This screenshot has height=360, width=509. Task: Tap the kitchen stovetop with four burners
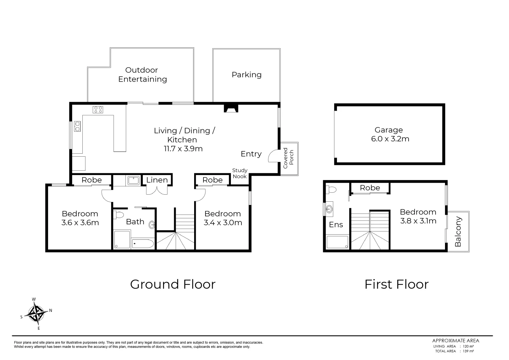click(98, 109)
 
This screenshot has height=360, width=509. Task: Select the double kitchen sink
click(77, 126)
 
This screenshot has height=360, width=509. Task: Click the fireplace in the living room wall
click(231, 109)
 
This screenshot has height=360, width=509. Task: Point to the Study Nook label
click(240, 173)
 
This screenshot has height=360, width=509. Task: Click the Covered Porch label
click(289, 158)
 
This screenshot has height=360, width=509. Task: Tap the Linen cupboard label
click(157, 180)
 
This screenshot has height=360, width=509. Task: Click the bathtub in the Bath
click(143, 244)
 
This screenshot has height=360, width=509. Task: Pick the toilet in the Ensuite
click(331, 190)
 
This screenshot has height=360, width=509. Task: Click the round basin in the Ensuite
click(329, 209)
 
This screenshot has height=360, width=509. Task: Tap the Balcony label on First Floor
click(458, 231)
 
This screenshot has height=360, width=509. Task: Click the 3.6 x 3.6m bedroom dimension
click(80, 222)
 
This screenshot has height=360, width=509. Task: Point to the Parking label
click(246, 75)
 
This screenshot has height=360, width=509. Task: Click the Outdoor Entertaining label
click(142, 75)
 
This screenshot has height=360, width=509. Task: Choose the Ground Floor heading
click(172, 284)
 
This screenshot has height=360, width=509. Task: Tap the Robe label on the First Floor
click(370, 188)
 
